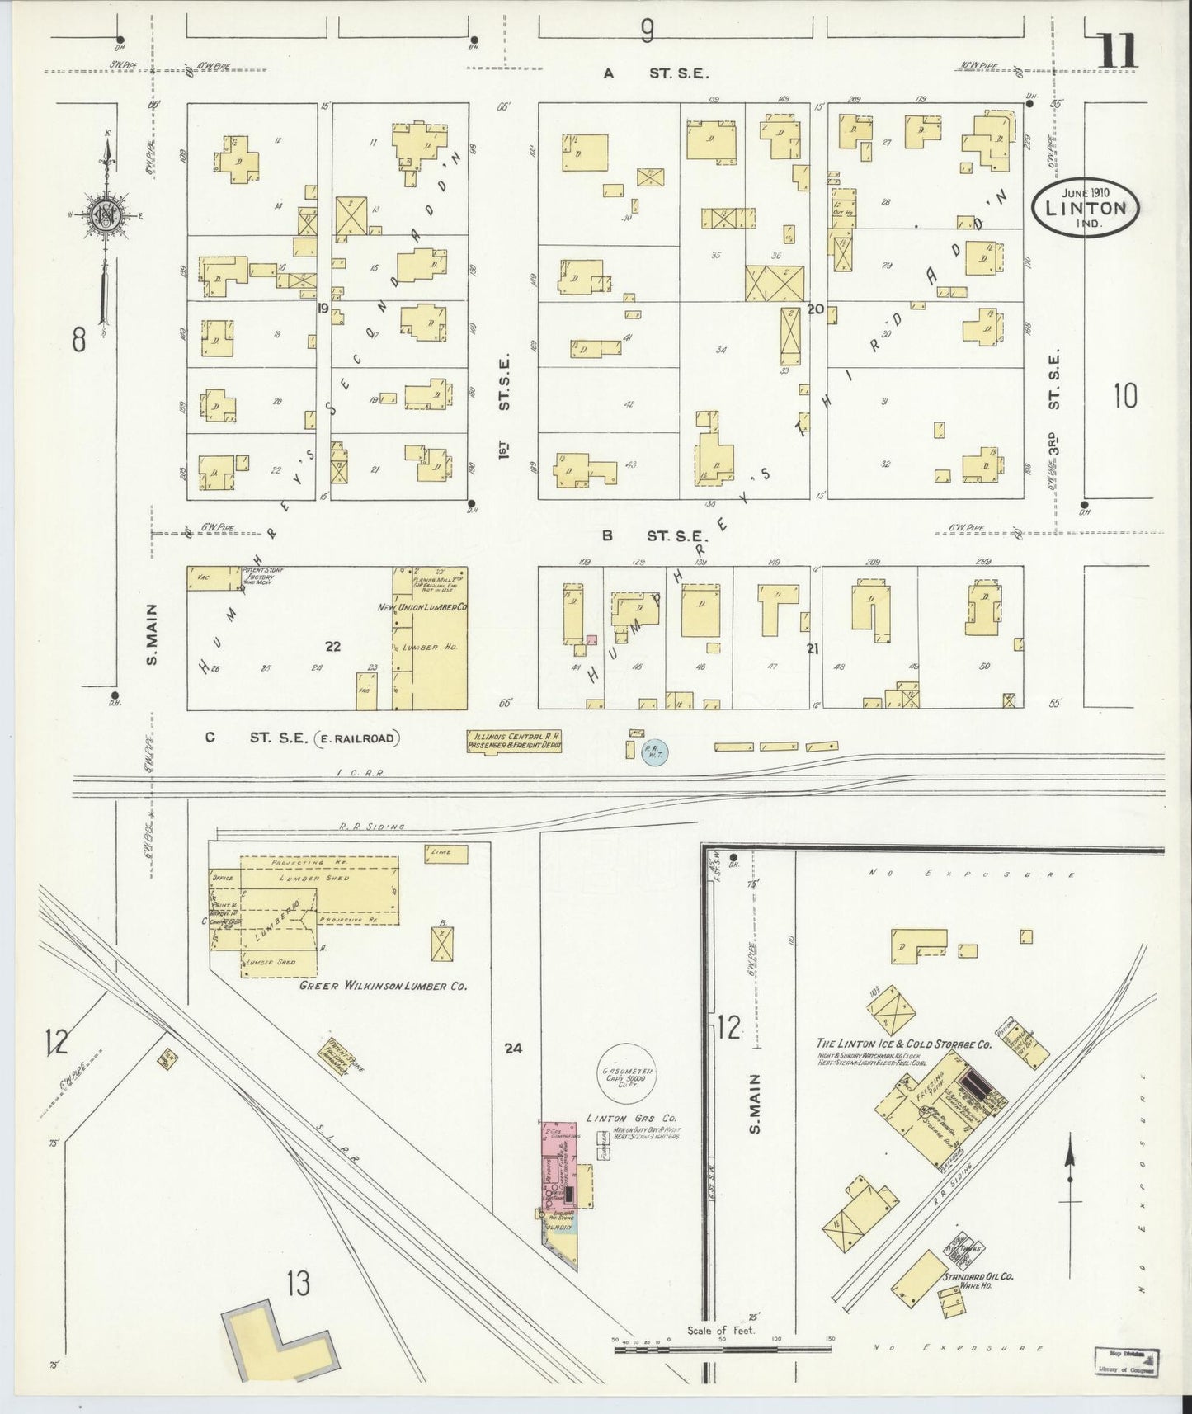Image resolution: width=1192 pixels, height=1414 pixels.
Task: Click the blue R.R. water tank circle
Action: [655, 751]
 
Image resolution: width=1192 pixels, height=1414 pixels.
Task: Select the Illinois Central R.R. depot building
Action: [514, 740]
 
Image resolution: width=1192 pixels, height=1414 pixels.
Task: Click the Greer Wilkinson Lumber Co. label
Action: [384, 985]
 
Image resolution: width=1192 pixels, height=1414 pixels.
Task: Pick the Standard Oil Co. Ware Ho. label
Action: [978, 1301]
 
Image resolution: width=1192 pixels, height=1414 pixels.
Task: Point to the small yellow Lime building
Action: [446, 853]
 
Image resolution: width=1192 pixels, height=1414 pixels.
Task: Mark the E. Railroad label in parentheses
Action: [357, 738]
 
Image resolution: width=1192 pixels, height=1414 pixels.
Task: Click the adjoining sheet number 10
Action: [1124, 397]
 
